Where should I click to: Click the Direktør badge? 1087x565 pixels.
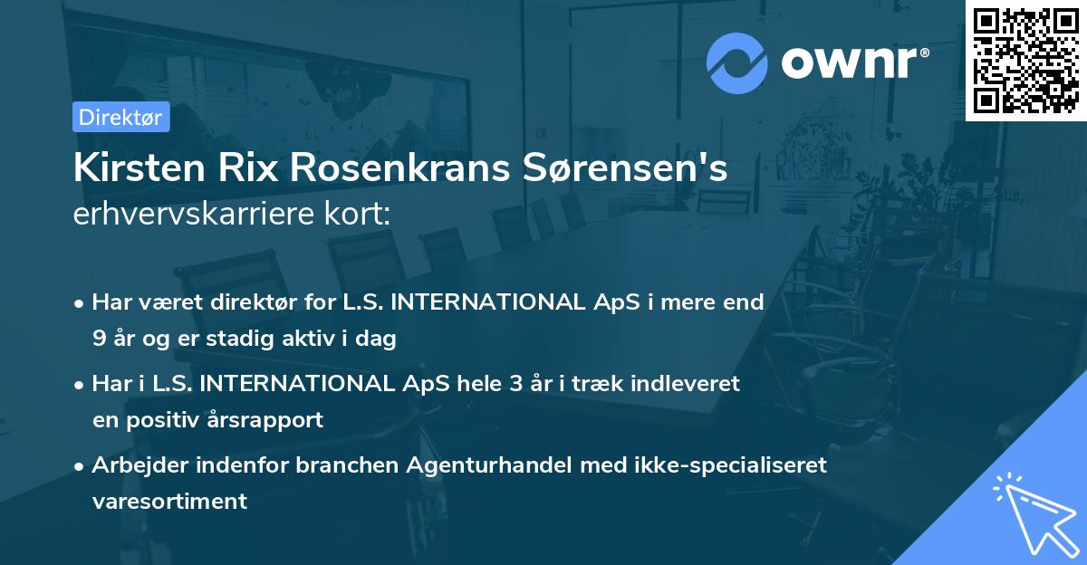click(x=120, y=117)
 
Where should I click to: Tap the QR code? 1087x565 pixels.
click(x=1025, y=60)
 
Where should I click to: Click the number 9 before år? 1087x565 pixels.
click(x=98, y=340)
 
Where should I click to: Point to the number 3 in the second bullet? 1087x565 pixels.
click(x=515, y=384)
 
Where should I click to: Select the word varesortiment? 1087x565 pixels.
click(x=169, y=501)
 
